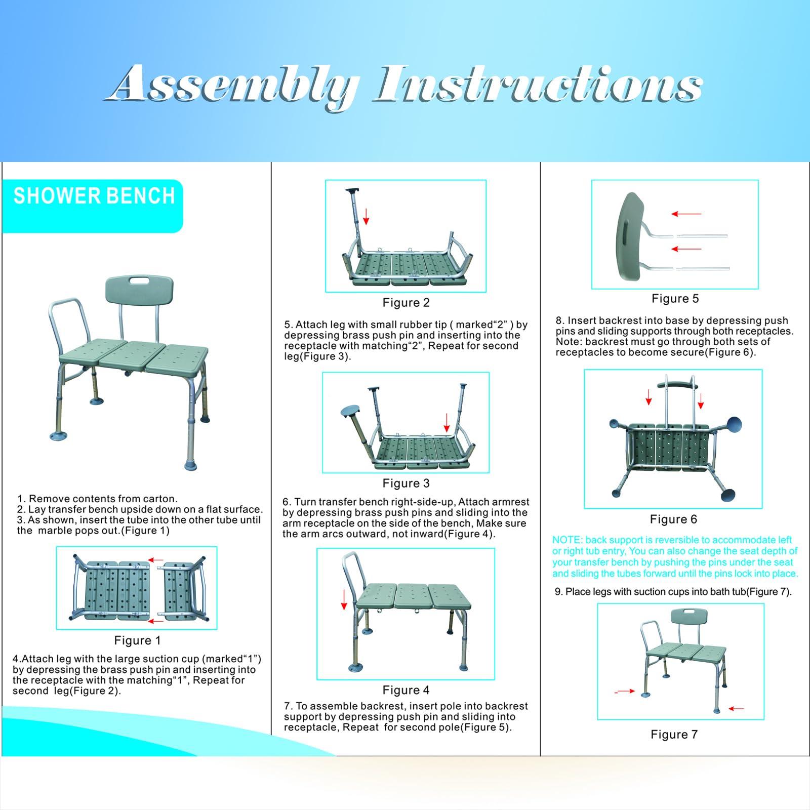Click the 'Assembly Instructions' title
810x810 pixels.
click(x=405, y=85)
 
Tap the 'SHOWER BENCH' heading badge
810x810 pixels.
click(x=93, y=206)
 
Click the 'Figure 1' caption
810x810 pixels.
click(x=137, y=640)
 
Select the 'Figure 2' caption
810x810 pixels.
click(x=406, y=303)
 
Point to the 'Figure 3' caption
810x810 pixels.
click(x=406, y=483)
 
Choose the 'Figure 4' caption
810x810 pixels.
click(x=406, y=690)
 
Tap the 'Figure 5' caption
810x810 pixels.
click(x=675, y=299)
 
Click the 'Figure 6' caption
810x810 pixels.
click(x=674, y=519)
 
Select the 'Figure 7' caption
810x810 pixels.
click(x=674, y=735)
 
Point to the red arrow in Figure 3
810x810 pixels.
click(x=447, y=422)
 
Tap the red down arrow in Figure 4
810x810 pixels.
click(x=344, y=599)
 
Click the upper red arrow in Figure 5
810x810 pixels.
click(x=686, y=214)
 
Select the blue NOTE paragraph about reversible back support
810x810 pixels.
click(x=675, y=557)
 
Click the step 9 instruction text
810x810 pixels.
click(x=673, y=592)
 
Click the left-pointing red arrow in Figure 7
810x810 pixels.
click(x=736, y=709)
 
